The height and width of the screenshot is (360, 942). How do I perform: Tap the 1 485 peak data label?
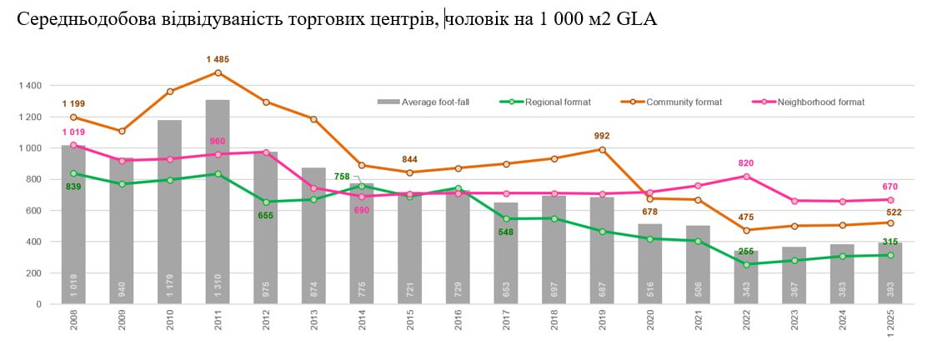[x=218, y=59]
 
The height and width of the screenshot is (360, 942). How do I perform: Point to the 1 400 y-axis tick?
[x=28, y=86]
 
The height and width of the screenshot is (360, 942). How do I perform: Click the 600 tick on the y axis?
[x=32, y=211]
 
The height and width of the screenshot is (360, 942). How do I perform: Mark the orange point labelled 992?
[x=603, y=150]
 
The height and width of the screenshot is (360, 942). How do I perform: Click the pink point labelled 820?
[x=747, y=177]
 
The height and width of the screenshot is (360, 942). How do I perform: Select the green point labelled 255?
[x=747, y=265]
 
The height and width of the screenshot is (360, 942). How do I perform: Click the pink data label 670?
[x=890, y=186]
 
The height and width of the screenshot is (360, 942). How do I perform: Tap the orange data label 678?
[x=650, y=212]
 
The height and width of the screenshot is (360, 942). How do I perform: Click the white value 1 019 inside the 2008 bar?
[x=73, y=287]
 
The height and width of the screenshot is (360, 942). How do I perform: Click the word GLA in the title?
[x=637, y=19]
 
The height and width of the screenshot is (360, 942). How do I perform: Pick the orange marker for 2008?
[x=73, y=117]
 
